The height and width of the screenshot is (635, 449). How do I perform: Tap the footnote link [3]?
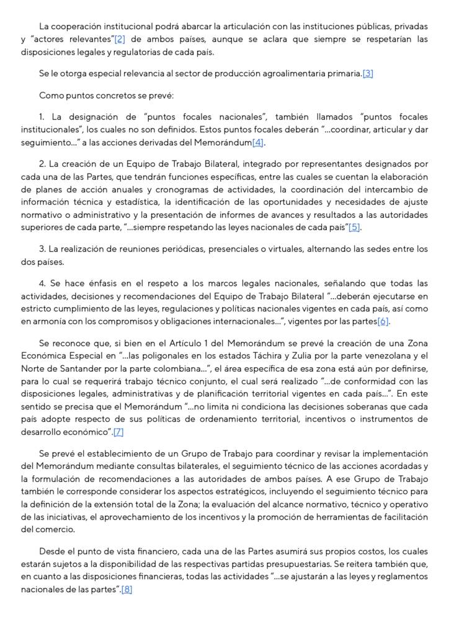point(368,74)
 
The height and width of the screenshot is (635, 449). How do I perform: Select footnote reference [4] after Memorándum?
point(258,143)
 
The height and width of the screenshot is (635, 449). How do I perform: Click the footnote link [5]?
point(354,228)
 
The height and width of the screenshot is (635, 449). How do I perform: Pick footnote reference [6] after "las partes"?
point(383,321)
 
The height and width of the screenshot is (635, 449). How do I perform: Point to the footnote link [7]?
point(118,432)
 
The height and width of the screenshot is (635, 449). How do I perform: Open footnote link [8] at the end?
point(127,589)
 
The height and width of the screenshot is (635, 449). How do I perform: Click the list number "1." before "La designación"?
point(42,117)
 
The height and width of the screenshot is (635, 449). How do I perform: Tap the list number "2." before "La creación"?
point(43,164)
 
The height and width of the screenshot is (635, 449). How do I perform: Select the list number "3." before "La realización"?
point(43,249)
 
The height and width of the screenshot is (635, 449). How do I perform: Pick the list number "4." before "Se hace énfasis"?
point(43,283)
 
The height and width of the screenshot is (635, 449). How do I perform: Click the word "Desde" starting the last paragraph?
point(51,551)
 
